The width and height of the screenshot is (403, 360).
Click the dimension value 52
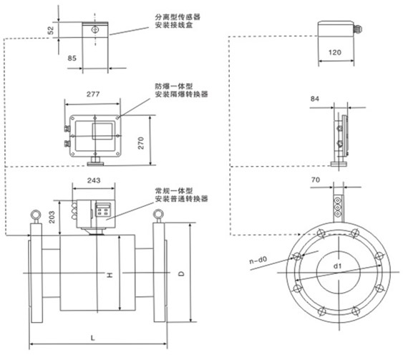click(x=51, y=30)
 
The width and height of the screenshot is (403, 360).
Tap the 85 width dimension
click(x=72, y=58)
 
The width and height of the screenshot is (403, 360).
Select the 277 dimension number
click(x=93, y=94)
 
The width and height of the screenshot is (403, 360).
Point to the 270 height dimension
click(x=141, y=143)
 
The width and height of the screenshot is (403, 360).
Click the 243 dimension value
click(x=94, y=180)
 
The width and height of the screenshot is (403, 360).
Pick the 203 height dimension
click(x=52, y=217)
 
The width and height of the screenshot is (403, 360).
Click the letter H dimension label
click(x=110, y=276)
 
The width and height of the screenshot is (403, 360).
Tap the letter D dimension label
click(x=181, y=273)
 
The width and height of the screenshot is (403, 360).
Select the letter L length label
click(x=92, y=337)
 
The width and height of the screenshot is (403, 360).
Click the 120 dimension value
click(x=334, y=52)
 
